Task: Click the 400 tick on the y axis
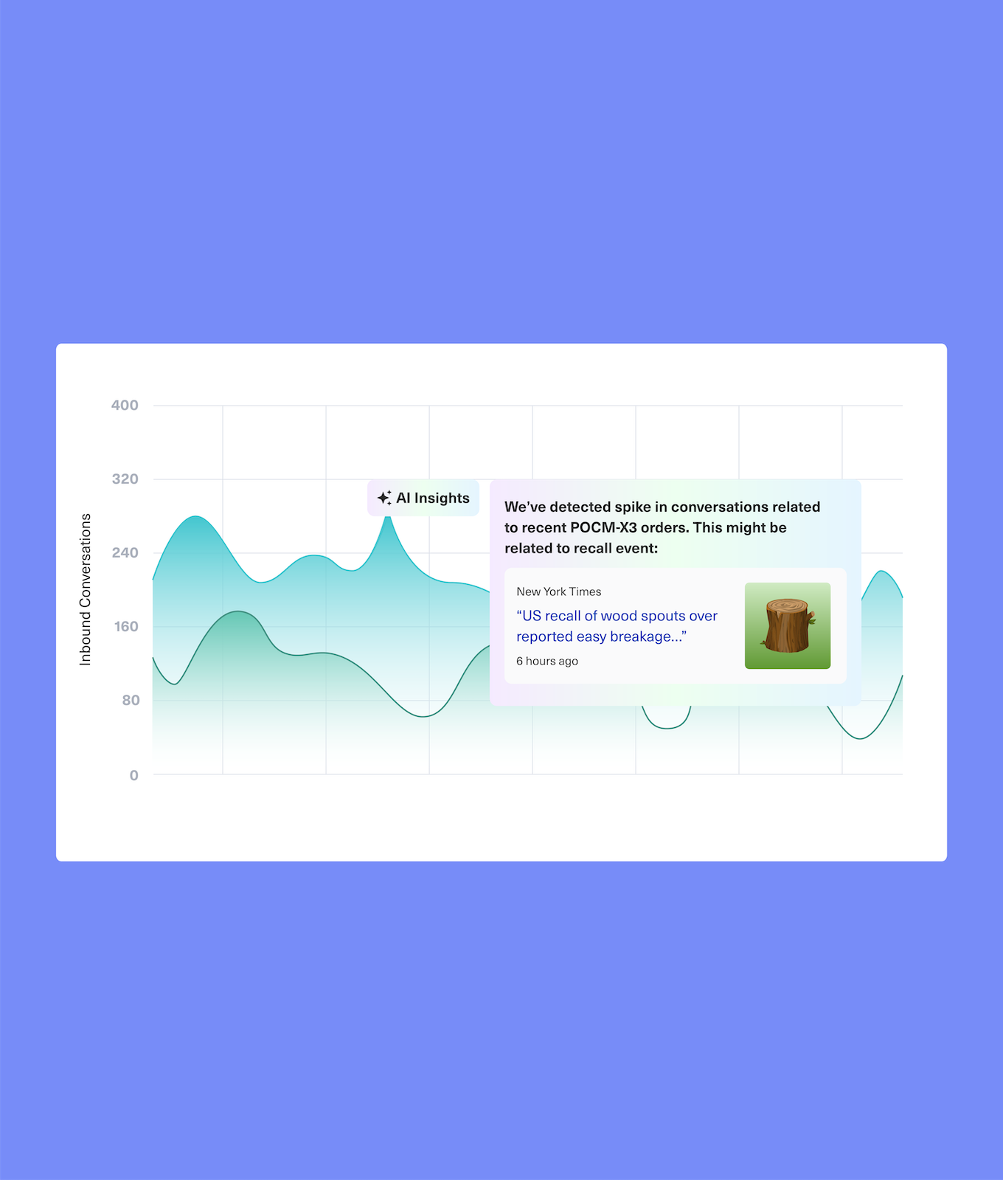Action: (125, 405)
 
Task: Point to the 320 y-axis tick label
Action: (125, 479)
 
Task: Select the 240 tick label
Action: (125, 552)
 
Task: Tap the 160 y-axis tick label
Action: (125, 626)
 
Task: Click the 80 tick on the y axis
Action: (131, 700)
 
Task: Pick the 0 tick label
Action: (133, 775)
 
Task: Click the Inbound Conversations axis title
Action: (86, 590)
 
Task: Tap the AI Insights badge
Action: (423, 498)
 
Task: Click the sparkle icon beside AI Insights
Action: (384, 498)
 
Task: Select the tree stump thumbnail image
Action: (788, 625)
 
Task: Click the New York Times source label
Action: (558, 591)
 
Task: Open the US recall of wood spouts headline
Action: (617, 626)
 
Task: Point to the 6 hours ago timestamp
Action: (547, 661)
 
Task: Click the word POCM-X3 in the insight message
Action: (603, 527)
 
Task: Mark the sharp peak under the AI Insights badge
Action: (388, 518)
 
